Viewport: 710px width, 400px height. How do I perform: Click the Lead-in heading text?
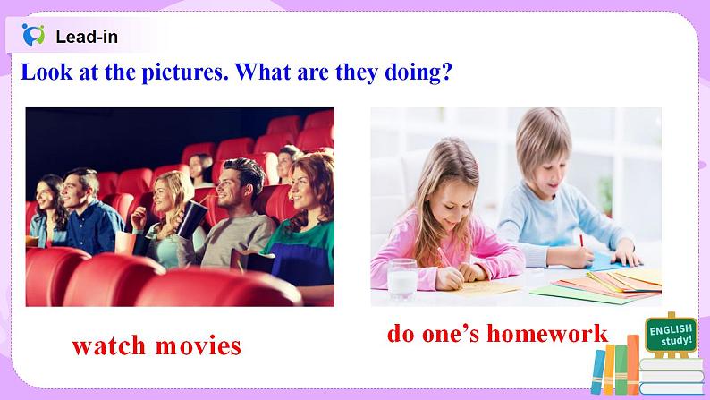point(86,37)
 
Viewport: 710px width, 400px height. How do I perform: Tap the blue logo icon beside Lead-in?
point(33,35)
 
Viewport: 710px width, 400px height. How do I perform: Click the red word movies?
point(198,345)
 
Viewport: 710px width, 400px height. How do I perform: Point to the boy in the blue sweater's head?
point(543,143)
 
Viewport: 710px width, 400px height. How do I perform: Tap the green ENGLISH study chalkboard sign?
point(670,336)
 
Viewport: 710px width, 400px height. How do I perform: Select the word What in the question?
point(266,72)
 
